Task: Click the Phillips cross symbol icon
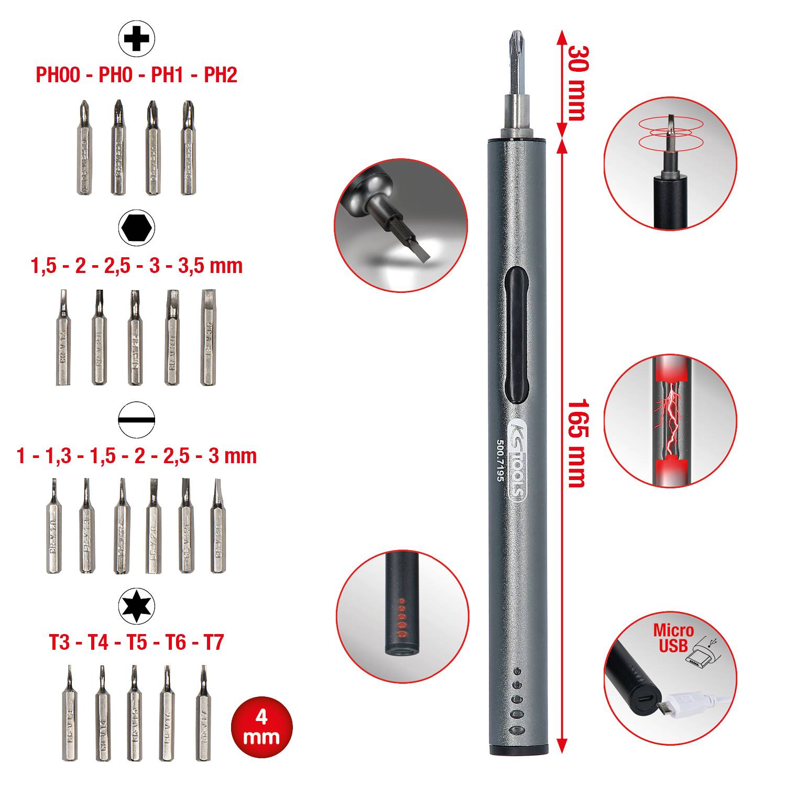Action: tap(136, 38)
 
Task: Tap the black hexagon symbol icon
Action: tap(136, 228)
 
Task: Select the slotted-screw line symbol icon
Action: tap(136, 419)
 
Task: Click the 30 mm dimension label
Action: tap(576, 83)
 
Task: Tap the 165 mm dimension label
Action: tap(576, 443)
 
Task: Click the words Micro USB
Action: tap(673, 638)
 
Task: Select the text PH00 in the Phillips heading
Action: tap(58, 75)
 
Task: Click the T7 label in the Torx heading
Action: tap(213, 642)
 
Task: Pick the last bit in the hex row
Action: tap(209, 338)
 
